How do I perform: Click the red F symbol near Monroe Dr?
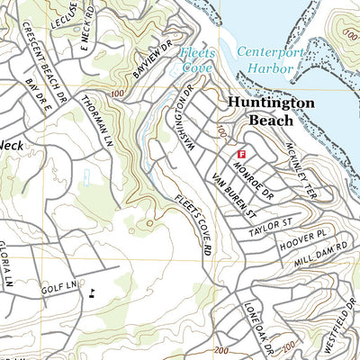pyautogui.click(x=240, y=155)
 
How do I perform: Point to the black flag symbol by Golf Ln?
pyautogui.click(x=93, y=292)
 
